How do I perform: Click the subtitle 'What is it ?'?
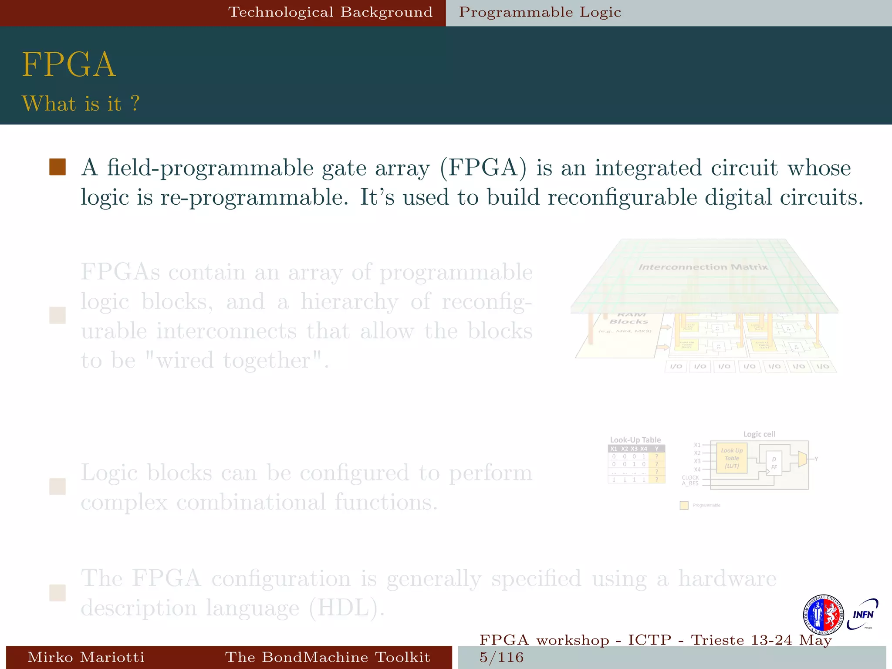pos(81,104)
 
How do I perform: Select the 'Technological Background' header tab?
pos(331,12)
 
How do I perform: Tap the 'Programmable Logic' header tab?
pos(540,12)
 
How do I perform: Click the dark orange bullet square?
pos(57,167)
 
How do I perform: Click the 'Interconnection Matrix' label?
pos(703,267)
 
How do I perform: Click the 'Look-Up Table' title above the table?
pos(635,440)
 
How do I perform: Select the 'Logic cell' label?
pos(759,434)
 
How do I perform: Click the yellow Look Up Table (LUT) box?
pos(732,458)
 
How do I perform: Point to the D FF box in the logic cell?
pos(774,463)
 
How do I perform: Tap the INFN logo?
pos(863,615)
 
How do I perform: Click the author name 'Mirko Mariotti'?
pos(86,657)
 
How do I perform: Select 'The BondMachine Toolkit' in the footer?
pos(328,657)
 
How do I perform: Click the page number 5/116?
pos(501,657)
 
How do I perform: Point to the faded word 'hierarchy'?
pos(349,301)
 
